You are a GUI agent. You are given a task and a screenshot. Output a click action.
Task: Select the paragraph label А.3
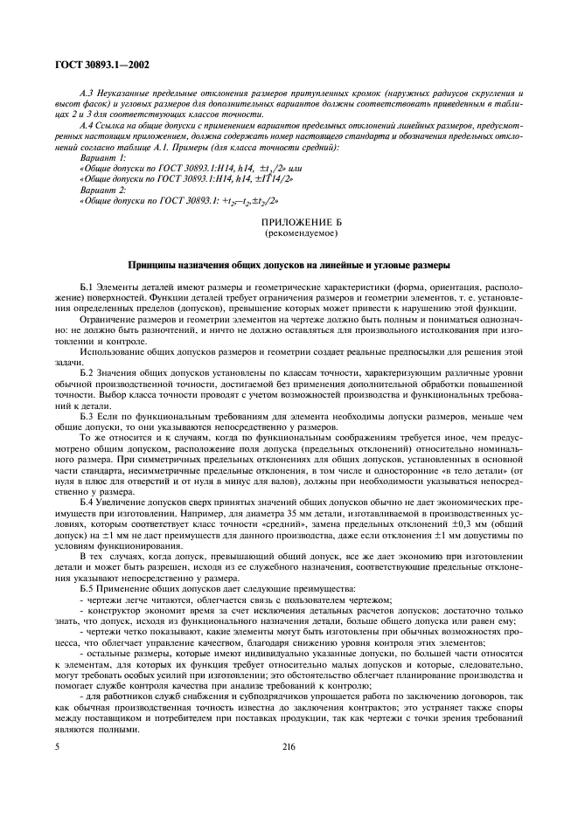point(85,92)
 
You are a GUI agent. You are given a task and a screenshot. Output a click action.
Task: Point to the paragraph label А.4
point(85,126)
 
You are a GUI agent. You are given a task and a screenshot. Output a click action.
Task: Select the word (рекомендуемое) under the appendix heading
point(289,235)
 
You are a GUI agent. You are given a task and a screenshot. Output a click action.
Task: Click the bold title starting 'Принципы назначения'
point(289,264)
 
